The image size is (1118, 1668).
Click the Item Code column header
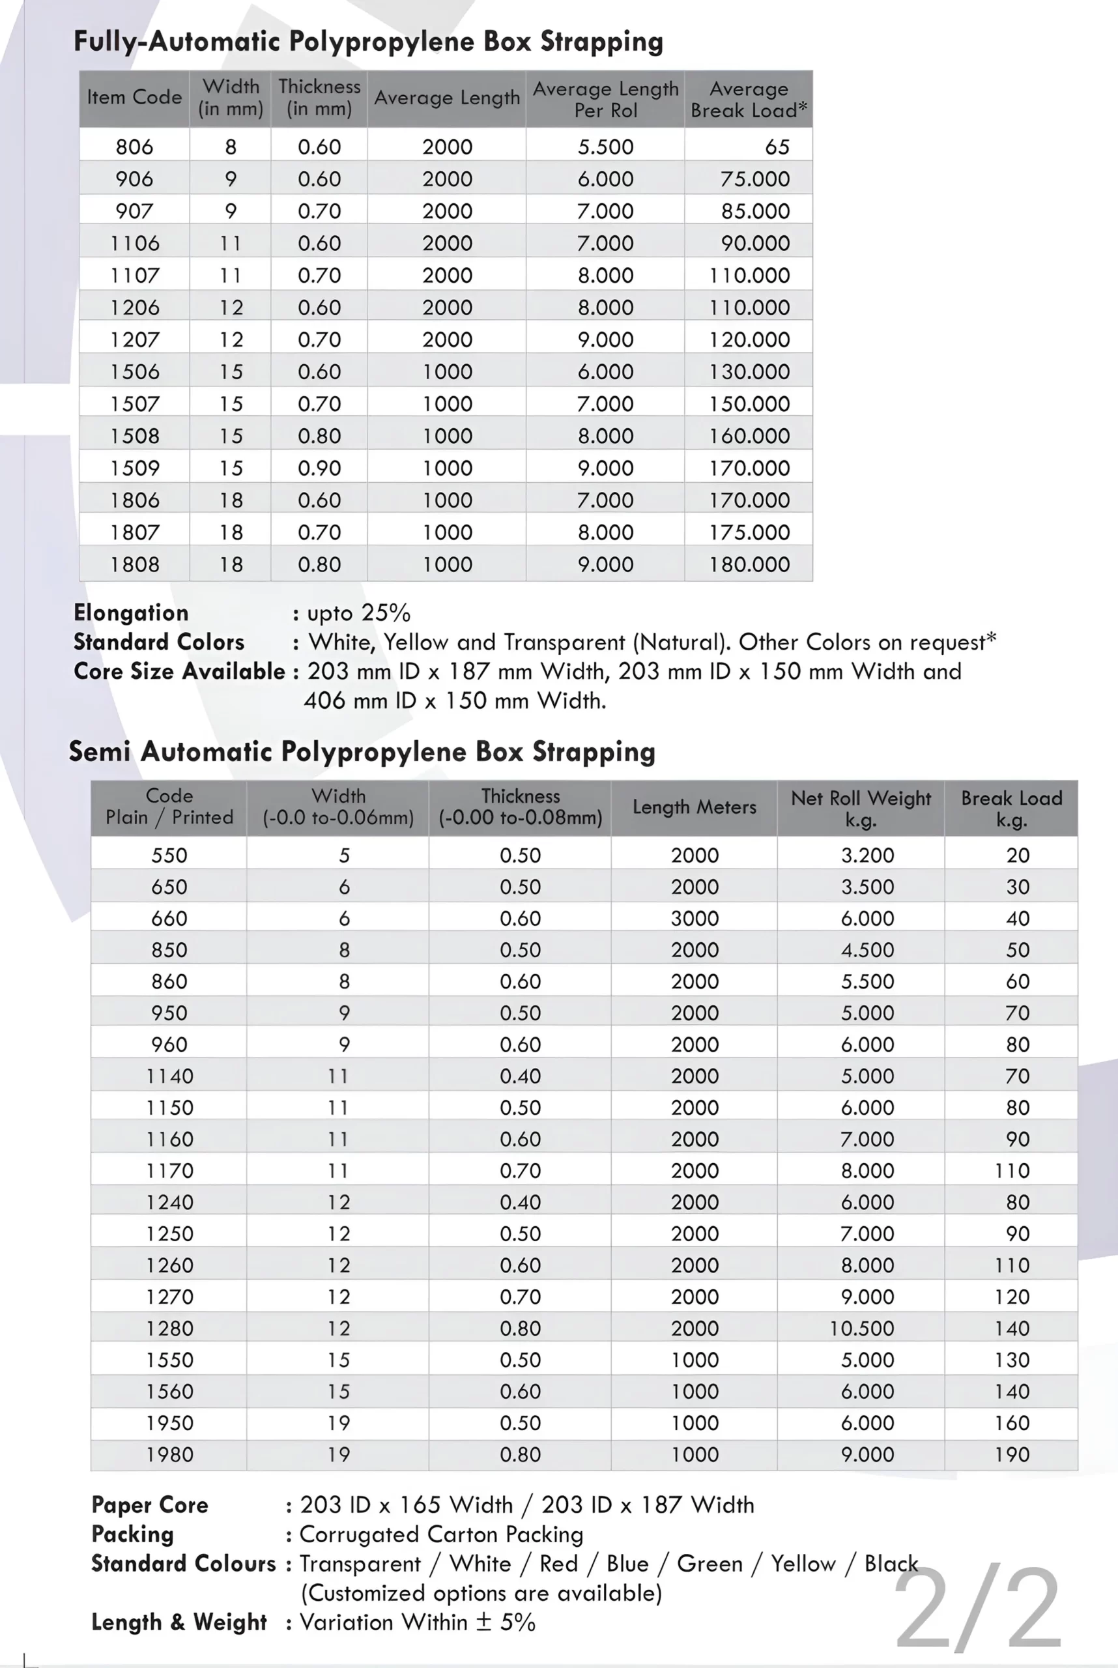[x=134, y=97]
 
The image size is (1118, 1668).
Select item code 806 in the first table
[x=134, y=147]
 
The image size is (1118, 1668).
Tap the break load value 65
[x=777, y=147]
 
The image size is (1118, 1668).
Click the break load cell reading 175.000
[x=749, y=532]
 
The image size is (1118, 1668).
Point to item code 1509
[x=134, y=468]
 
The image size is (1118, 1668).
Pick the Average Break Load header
[x=749, y=99]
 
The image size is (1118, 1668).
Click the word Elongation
[x=131, y=612]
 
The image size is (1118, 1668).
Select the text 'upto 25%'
[x=358, y=612]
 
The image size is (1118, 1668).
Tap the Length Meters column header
[x=695, y=807]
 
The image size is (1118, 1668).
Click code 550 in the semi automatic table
[x=169, y=855]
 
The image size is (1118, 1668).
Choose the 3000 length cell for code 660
[x=695, y=918]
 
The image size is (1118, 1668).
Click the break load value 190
[x=1012, y=1454]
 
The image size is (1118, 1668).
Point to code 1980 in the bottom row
[x=169, y=1454]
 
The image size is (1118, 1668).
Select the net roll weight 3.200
[x=867, y=855]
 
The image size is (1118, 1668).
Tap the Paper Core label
[x=150, y=1504]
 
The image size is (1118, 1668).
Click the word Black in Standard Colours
[x=891, y=1563]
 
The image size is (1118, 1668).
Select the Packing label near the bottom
[x=133, y=1534]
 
